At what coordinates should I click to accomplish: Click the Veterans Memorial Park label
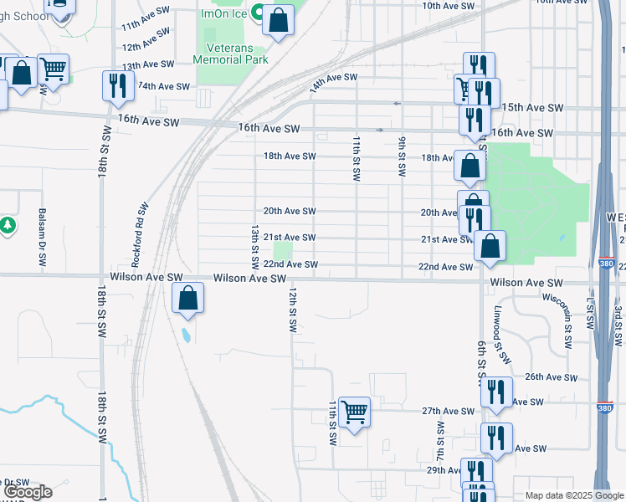pyautogui.click(x=230, y=54)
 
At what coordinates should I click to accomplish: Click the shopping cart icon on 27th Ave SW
pyautogui.click(x=355, y=411)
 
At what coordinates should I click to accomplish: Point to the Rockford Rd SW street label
pyautogui.click(x=142, y=228)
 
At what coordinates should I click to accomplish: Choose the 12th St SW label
pyautogui.click(x=293, y=311)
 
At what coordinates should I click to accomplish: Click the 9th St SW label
pyautogui.click(x=402, y=155)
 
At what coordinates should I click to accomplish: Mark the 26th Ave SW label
pyautogui.click(x=550, y=377)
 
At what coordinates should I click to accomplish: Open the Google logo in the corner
pyautogui.click(x=28, y=491)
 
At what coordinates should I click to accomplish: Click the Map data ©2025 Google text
pyautogui.click(x=574, y=495)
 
